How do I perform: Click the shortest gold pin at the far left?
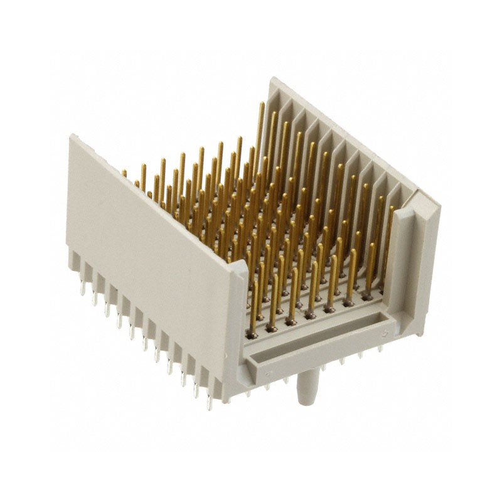(124, 173)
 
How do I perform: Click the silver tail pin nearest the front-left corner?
(209, 398)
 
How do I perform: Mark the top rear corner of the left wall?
(71, 136)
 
